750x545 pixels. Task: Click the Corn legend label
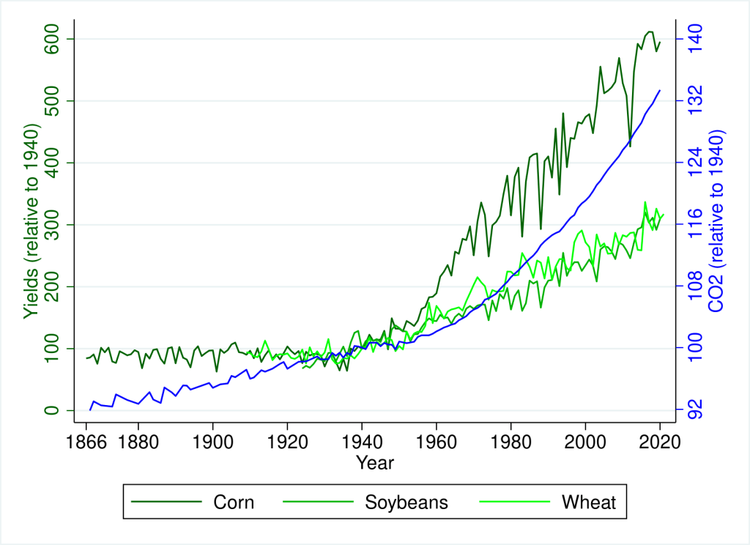234,503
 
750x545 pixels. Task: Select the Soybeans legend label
406,503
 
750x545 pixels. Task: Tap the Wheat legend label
589,503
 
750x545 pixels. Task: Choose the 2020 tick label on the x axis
660,442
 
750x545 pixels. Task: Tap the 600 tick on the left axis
56,39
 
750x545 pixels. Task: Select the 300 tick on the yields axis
56,225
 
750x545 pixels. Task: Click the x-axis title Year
375,463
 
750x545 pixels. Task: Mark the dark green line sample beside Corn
166,503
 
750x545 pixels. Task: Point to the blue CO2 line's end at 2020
661,90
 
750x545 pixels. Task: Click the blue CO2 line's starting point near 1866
90,409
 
